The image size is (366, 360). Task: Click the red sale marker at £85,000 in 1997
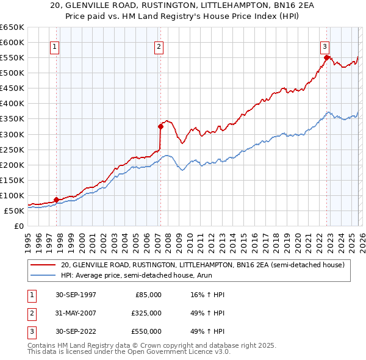pos(57,200)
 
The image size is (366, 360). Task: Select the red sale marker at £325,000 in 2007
pos(160,127)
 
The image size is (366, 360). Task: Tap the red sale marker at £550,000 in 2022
pos(326,58)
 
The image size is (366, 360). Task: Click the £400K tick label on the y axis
pos(12,104)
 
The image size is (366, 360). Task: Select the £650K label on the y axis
pos(12,27)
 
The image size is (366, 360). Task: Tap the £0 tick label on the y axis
pos(18,226)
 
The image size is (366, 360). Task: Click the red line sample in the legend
pos(43,265)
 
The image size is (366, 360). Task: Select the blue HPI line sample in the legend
pos(43,275)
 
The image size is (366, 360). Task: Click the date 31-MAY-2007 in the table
pos(75,313)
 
